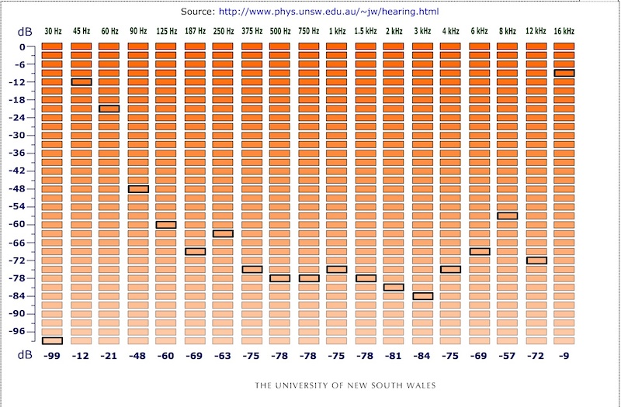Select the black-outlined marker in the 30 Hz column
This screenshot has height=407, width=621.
[52, 340]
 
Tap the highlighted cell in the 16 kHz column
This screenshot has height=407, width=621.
[564, 73]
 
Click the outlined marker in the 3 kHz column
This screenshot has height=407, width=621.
[422, 296]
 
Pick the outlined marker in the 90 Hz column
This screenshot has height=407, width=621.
[138, 189]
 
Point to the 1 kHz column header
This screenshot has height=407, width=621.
[336, 31]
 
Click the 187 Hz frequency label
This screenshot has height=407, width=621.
[195, 31]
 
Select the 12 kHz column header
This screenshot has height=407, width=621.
[536, 31]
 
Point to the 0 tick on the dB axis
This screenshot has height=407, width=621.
[23, 47]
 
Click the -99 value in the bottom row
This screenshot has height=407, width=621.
[52, 355]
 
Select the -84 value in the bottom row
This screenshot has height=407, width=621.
[422, 355]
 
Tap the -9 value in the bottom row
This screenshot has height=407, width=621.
[564, 355]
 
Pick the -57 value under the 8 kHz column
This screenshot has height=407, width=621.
[508, 355]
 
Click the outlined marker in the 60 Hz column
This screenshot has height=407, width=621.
[109, 109]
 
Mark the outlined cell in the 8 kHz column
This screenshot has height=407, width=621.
[508, 216]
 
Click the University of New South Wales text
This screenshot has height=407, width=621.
[346, 385]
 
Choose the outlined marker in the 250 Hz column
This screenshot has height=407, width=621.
[223, 233]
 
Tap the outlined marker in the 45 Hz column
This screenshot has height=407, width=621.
[81, 82]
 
